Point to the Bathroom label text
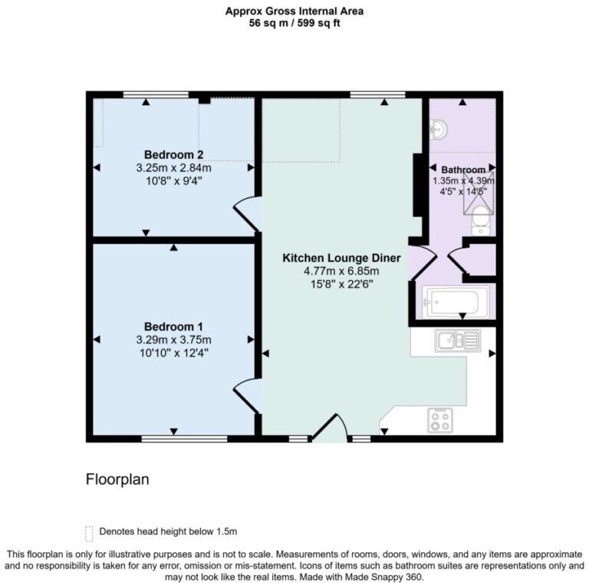[462, 170]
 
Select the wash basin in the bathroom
[438, 131]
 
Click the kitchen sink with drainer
[456, 339]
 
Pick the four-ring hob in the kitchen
[440, 419]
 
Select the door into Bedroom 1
[247, 394]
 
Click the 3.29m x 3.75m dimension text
[173, 340]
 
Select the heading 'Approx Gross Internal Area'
[294, 11]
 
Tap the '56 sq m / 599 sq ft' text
[294, 23]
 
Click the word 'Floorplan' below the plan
[117, 479]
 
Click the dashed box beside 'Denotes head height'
[89, 532]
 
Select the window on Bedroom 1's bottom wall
[184, 439]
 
